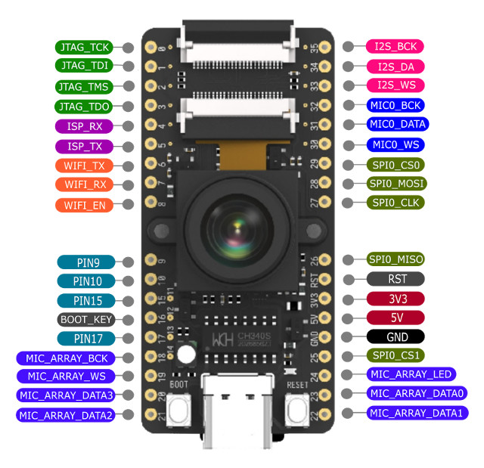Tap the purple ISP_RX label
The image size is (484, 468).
[x=85, y=126]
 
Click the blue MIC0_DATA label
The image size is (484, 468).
[x=396, y=124]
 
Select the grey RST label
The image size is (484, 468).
[x=397, y=278]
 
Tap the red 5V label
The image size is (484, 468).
[x=397, y=318]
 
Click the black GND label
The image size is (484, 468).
[x=397, y=336]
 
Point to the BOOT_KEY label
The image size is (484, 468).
[x=85, y=320]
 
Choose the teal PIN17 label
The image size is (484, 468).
[x=85, y=339]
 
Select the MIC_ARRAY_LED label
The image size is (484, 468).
[x=410, y=374]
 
